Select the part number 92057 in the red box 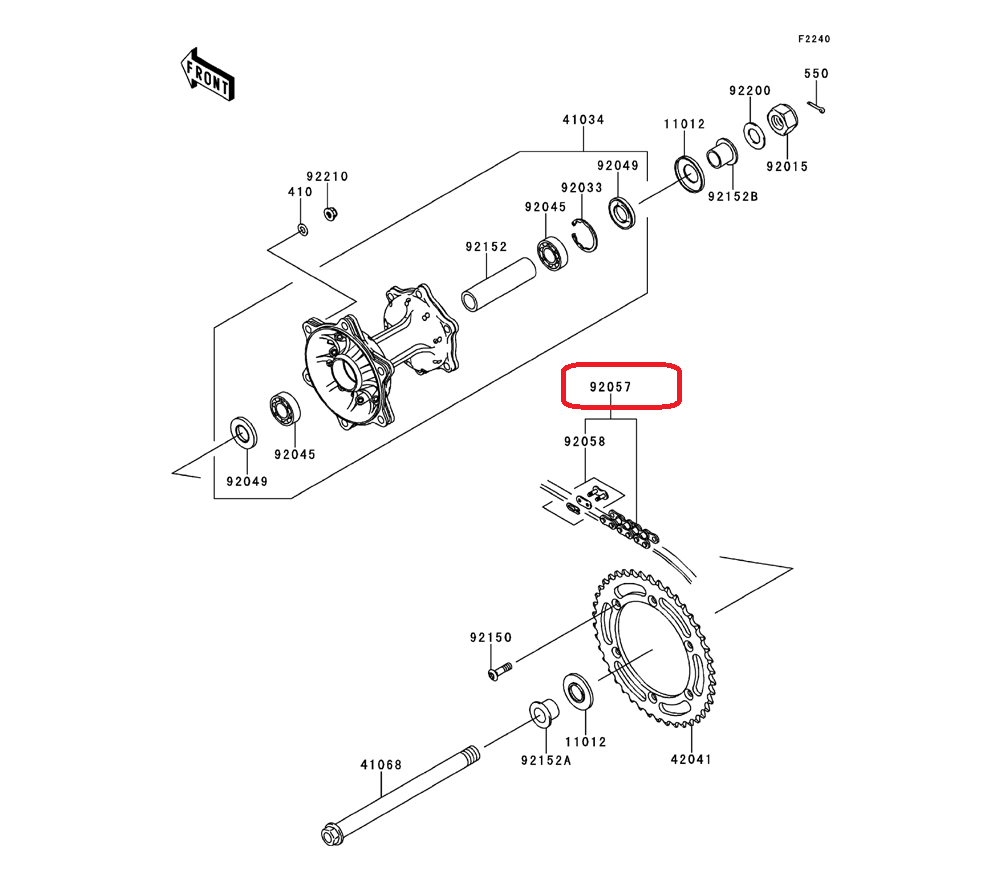tap(610, 387)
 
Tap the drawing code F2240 tap(814, 39)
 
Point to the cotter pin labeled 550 tap(816, 107)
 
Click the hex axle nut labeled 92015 tap(783, 120)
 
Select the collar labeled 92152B tap(722, 154)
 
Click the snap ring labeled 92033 tap(584, 235)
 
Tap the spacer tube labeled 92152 tap(498, 284)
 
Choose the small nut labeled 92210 tap(330, 213)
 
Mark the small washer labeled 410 tap(303, 230)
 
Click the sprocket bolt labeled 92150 tap(500, 671)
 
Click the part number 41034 tap(583, 120)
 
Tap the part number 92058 tap(585, 441)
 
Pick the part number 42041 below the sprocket tap(691, 759)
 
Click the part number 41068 tap(381, 765)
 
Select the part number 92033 tap(582, 187)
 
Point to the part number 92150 tap(491, 638)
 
